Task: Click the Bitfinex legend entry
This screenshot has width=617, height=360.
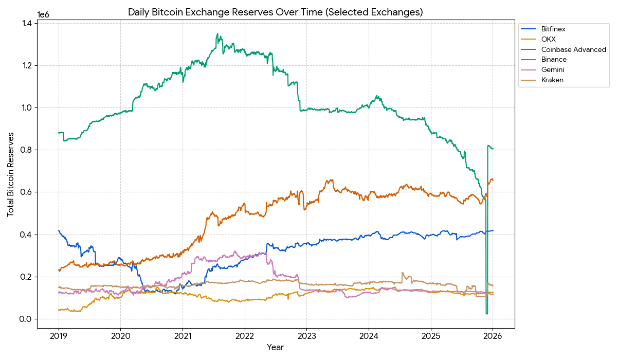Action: pos(553,29)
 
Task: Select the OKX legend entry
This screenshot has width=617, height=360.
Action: pos(548,39)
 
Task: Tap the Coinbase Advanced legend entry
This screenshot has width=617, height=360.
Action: pos(573,49)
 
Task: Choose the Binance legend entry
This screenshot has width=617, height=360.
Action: pos(554,60)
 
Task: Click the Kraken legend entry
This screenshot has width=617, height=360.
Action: pos(552,80)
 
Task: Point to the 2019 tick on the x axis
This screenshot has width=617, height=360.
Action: pos(59,336)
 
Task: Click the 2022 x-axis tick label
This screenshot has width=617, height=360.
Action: pos(245,336)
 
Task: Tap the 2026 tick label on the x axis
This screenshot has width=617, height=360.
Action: pos(493,336)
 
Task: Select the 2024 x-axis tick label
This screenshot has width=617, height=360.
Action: pos(369,336)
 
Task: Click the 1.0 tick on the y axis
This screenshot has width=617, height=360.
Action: pos(27,108)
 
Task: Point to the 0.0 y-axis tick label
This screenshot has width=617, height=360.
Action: pos(27,319)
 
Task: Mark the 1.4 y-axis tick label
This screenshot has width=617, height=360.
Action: pos(27,24)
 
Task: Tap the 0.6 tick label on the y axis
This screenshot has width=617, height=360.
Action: pos(27,192)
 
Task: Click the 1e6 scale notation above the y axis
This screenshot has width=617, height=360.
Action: pos(44,14)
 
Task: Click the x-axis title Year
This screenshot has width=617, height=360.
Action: pos(275,348)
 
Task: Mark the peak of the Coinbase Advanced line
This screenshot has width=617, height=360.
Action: pos(218,34)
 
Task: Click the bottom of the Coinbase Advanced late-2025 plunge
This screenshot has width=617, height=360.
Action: pos(486,313)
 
